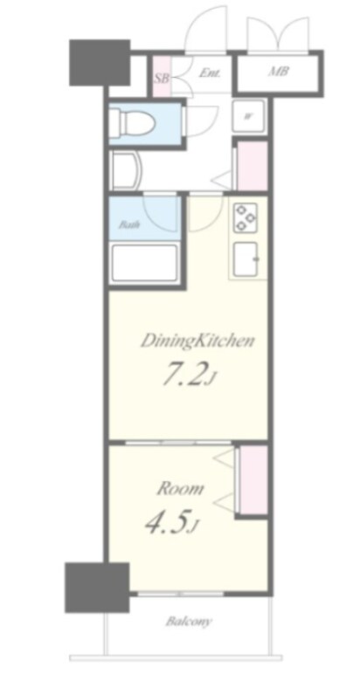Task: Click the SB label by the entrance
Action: (162, 79)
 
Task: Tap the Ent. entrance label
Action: (210, 72)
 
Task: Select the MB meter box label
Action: (279, 72)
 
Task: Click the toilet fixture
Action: (129, 122)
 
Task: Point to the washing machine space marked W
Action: (248, 116)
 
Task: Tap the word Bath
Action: (128, 224)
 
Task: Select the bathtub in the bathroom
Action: (144, 263)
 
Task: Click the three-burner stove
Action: (246, 217)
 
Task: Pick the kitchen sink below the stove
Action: (246, 259)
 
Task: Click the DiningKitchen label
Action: (197, 342)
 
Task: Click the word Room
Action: (180, 489)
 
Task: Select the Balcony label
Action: (189, 622)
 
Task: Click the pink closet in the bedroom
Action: (253, 479)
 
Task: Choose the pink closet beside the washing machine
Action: (253, 166)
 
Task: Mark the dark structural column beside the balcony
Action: (97, 587)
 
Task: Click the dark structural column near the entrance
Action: (100, 62)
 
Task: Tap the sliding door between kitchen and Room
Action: (178, 443)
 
